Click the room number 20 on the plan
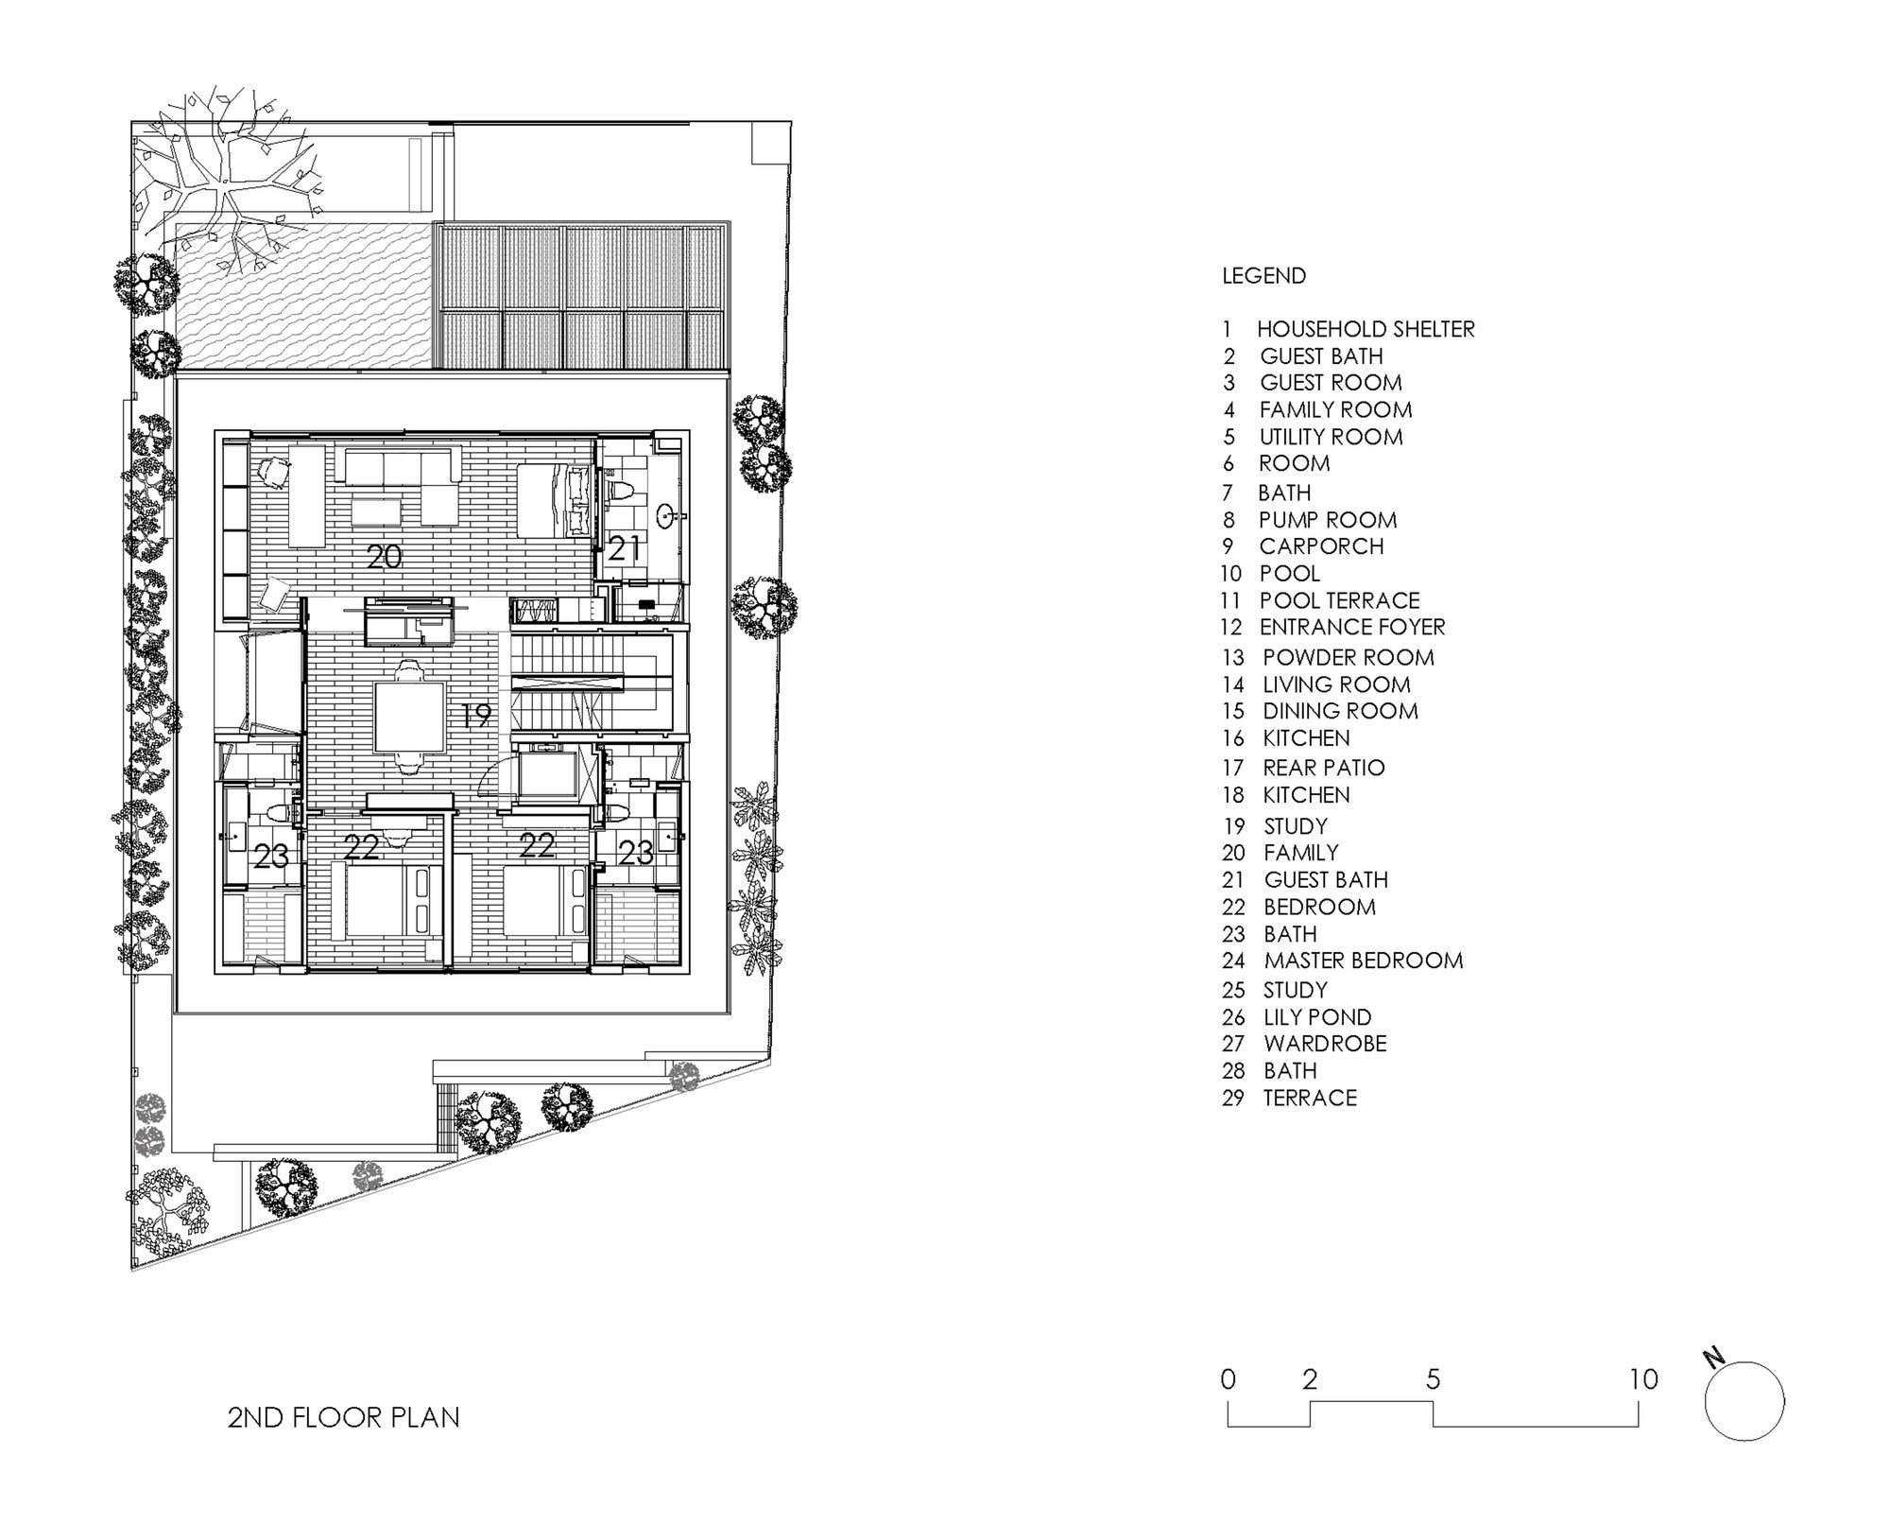(x=384, y=557)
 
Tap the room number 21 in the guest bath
(x=624, y=548)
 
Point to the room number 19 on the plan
(x=476, y=716)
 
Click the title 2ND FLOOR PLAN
(x=343, y=1418)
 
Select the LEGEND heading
(x=1263, y=276)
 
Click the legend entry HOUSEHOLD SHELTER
(x=1366, y=329)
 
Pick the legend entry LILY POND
(x=1317, y=1017)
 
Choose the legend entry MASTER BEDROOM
(x=1364, y=961)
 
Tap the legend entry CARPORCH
(x=1321, y=546)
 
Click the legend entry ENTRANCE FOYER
(x=1352, y=627)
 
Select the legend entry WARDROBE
(x=1325, y=1044)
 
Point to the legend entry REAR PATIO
(x=1324, y=768)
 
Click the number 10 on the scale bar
(x=1644, y=1379)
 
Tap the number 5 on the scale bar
(x=1433, y=1379)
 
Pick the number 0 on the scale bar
(x=1228, y=1379)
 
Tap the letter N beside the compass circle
(x=1713, y=1359)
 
